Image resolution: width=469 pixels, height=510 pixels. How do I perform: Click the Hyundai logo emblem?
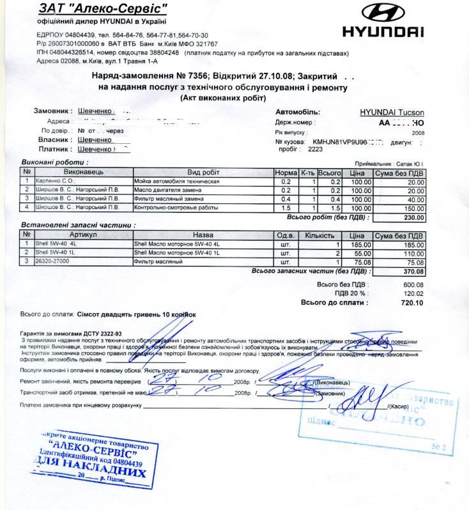pos(383,13)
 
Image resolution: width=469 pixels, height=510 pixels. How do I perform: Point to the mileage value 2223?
pos(316,148)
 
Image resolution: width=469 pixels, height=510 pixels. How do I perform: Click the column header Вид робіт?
pos(203,173)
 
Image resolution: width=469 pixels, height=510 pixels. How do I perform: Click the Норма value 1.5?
pos(285,208)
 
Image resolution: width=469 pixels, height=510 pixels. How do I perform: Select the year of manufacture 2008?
pos(418,132)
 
